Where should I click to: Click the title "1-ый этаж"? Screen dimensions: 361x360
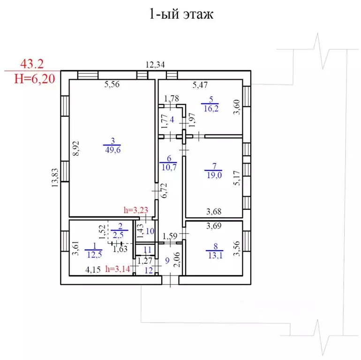coord(181,14)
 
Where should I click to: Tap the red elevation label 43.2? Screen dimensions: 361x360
coord(32,64)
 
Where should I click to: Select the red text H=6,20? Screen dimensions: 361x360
coord(35,79)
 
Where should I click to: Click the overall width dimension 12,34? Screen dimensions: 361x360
coord(155,65)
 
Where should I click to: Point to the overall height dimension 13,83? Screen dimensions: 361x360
coord(55,178)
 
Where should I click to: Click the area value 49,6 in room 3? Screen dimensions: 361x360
coord(113,150)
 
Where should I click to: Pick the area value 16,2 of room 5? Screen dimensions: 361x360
coord(211,108)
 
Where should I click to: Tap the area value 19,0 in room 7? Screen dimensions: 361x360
coord(214,176)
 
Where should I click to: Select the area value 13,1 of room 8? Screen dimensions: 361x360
coord(215,256)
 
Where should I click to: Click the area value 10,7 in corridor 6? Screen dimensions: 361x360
coord(169,167)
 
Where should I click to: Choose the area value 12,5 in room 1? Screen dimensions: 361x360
coord(94,255)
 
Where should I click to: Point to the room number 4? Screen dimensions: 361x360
coord(172,120)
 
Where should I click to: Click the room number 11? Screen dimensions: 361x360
coord(147,250)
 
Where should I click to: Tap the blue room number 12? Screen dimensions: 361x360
coord(149,270)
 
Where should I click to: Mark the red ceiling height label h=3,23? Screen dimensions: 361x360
coord(136,210)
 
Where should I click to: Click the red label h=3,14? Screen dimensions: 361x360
coord(118,269)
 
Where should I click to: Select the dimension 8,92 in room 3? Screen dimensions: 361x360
coord(76,148)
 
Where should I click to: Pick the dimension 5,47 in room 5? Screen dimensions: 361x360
coord(200,85)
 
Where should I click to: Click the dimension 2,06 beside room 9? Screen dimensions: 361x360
coord(177,260)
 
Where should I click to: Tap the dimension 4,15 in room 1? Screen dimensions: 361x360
coord(93,270)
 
